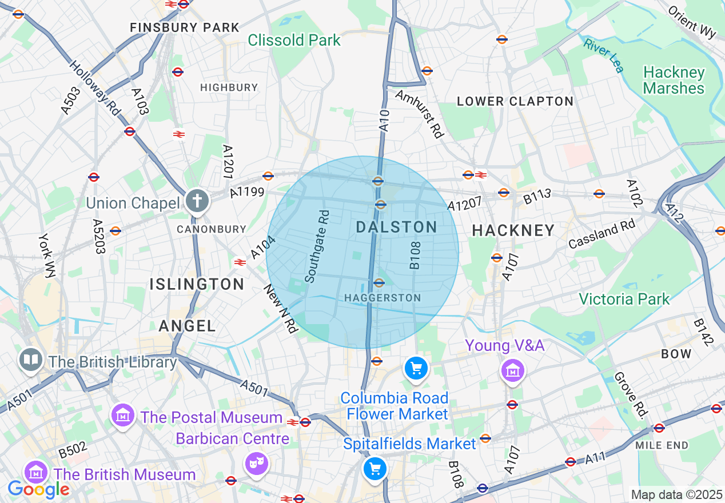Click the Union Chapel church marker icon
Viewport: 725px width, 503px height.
[x=197, y=201]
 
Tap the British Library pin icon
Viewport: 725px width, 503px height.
[x=30, y=360]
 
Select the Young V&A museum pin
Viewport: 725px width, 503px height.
[x=513, y=370]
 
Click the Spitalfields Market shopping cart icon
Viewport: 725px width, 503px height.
[x=375, y=469]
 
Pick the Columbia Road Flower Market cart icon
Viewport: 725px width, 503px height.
[x=416, y=368]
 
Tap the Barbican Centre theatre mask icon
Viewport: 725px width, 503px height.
[x=254, y=462]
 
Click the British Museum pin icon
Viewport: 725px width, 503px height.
[x=36, y=472]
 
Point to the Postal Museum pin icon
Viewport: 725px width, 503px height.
[x=123, y=414]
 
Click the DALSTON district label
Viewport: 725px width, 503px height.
[x=396, y=227]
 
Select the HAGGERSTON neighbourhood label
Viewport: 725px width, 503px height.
[x=383, y=298]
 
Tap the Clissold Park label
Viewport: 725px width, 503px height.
[x=294, y=40]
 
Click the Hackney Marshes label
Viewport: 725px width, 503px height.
[x=674, y=80]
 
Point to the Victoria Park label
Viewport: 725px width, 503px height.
[x=624, y=299]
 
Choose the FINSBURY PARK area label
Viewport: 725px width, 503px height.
[x=185, y=27]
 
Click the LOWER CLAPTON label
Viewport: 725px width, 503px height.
[x=515, y=101]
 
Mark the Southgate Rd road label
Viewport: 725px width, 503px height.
[x=317, y=247]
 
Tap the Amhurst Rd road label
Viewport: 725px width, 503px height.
[x=419, y=113]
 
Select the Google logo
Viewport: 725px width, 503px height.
[x=38, y=489]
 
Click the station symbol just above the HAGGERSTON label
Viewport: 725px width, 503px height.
[x=379, y=282]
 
